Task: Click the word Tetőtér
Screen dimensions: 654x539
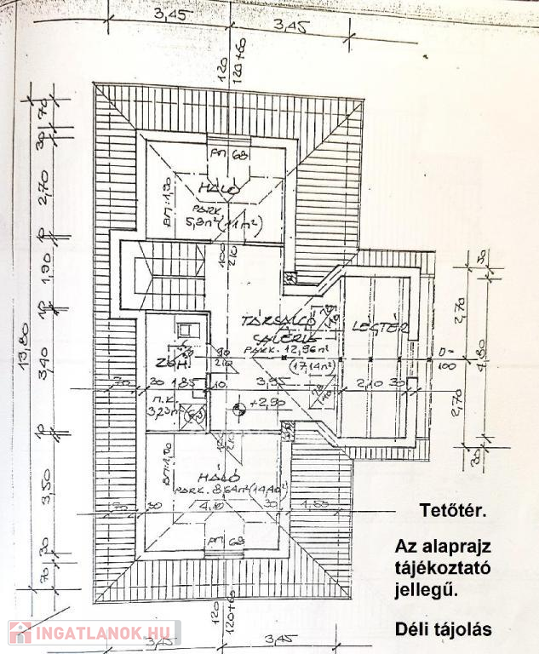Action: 452,512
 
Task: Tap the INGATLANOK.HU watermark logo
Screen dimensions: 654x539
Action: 94,633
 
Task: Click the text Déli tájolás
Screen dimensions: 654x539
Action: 444,630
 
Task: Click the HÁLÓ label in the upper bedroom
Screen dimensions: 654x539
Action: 210,186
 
